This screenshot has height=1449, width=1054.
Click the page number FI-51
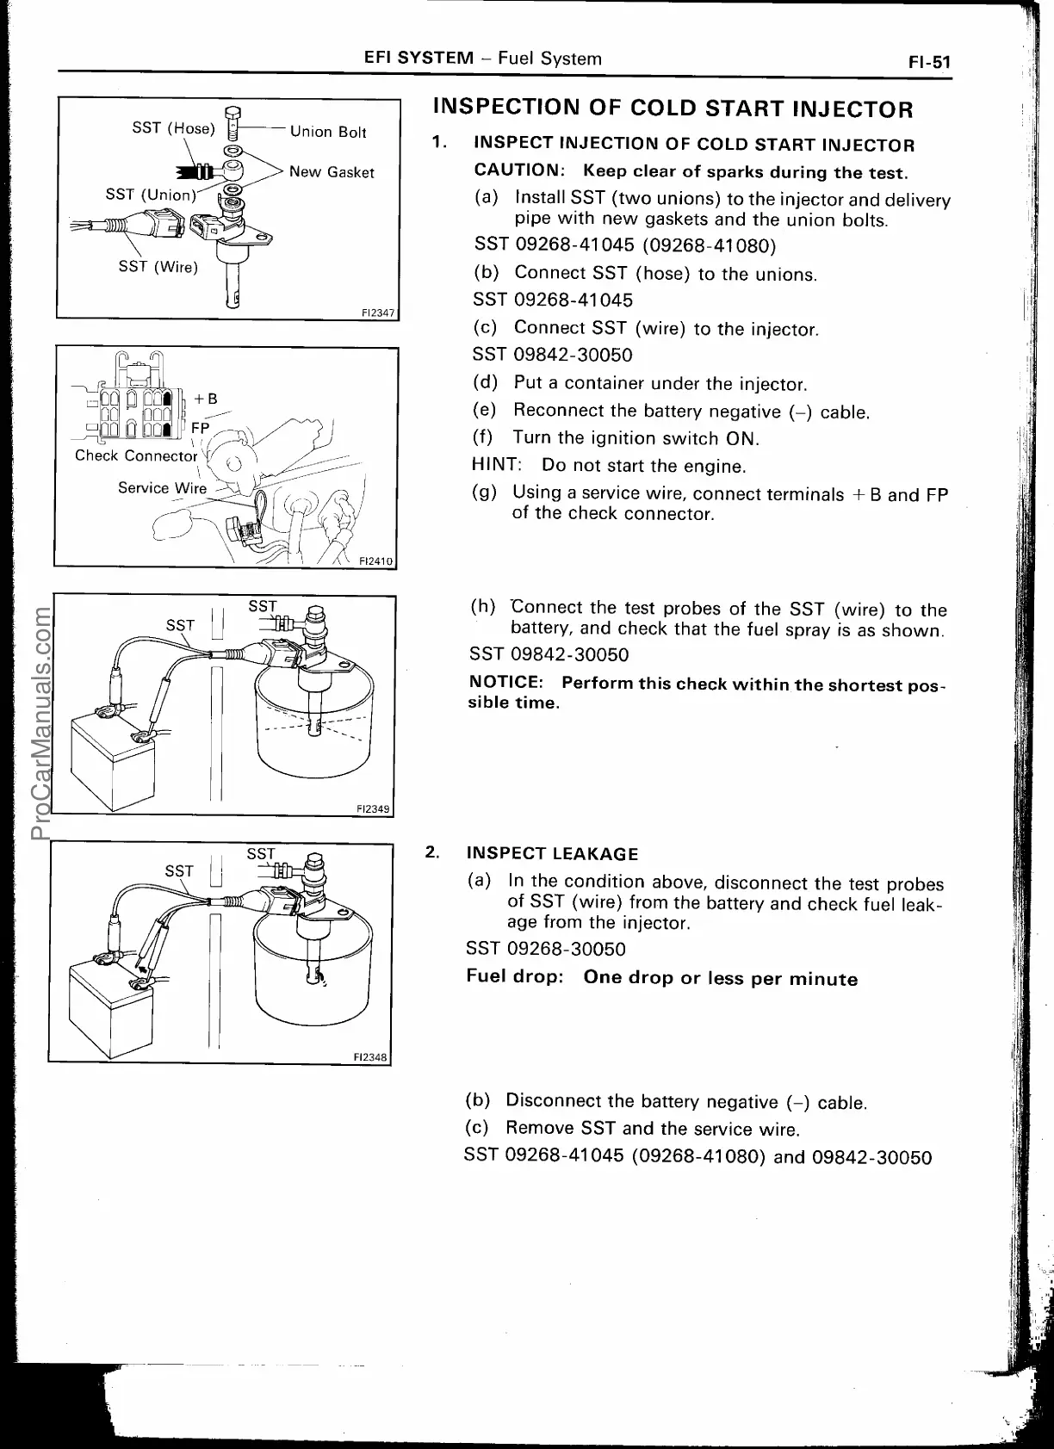coord(927,62)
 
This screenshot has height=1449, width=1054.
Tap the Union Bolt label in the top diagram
coord(328,132)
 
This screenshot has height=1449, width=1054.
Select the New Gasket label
coord(332,172)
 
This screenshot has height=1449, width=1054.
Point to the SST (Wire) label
coord(158,267)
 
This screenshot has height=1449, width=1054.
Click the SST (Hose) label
coord(172,128)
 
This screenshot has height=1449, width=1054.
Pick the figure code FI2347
coord(378,313)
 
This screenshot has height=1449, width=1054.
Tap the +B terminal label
coord(205,399)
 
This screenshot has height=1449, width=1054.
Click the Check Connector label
coord(136,455)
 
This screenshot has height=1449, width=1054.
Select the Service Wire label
coord(162,488)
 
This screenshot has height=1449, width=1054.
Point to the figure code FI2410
coord(375,561)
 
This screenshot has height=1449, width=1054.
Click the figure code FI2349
coord(374,808)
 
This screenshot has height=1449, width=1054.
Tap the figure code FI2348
coord(372,1057)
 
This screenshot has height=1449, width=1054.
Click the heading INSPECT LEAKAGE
coord(552,854)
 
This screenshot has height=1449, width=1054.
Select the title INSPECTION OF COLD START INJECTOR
coord(672,109)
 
